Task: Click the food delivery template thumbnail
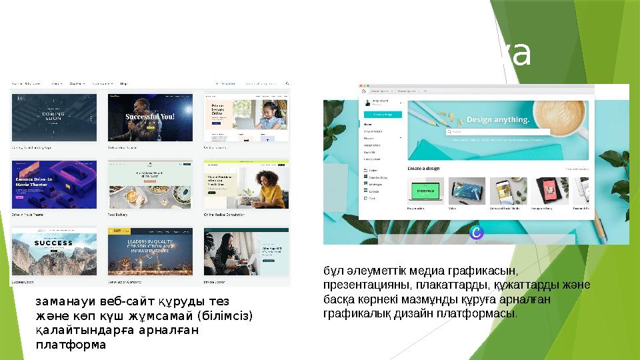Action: (150, 184)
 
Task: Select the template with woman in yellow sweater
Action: (246, 184)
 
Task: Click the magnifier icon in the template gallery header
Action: (287, 84)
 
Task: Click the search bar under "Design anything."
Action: (497, 132)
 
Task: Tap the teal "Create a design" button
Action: (382, 115)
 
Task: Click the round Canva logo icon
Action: (476, 232)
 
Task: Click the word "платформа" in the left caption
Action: (71, 345)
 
